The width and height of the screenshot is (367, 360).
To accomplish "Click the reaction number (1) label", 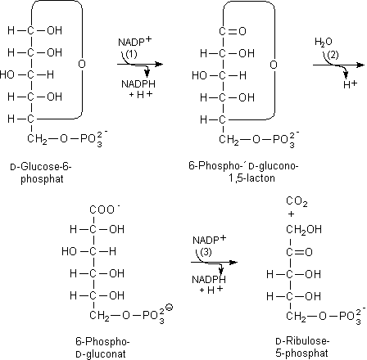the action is point(131,54).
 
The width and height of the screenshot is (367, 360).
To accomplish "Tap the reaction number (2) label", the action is point(333,55).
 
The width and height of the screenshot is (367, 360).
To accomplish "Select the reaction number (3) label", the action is point(206,252).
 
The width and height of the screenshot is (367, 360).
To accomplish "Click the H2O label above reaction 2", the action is point(324,42).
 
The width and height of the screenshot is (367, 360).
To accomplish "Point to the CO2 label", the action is point(297,202).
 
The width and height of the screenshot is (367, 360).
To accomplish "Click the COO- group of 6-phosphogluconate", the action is point(105,209).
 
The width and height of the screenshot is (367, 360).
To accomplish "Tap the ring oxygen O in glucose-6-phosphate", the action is point(82,64).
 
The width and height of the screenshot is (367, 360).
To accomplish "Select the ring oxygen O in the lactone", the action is point(274,65).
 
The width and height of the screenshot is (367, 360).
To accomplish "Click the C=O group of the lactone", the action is point(233,31).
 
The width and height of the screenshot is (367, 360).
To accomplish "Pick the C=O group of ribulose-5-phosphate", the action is point(299,252).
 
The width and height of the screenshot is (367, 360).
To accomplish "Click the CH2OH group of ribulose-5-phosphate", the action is point(304,230).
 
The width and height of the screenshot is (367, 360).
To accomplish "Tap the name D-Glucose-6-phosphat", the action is point(41,173).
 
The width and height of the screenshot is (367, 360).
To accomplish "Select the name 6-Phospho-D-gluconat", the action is point(102,348).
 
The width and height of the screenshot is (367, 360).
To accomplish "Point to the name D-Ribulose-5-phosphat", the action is point(302,347).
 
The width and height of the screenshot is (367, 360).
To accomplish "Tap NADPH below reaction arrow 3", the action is point(209,280).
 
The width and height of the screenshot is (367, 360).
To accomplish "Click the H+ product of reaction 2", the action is point(351,84).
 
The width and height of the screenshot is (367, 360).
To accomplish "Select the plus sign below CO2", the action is point(291,214).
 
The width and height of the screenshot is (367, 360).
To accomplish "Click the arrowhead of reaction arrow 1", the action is point(159,65).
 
